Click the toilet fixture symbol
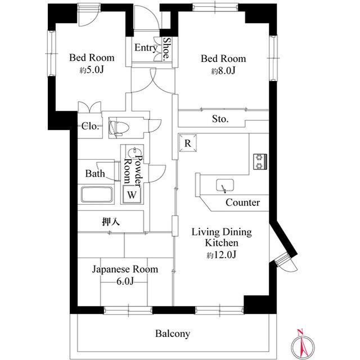click(119, 128)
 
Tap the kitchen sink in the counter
click(225, 185)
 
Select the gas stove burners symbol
click(260, 161)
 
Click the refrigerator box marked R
click(187, 143)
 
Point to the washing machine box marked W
click(132, 195)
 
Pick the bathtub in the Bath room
click(97, 195)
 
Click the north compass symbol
click(302, 345)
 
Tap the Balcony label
click(173, 334)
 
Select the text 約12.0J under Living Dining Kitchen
click(221, 255)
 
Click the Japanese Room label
click(125, 269)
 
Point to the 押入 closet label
click(111, 222)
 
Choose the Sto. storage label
click(220, 119)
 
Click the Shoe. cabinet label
click(167, 49)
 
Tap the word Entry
click(146, 48)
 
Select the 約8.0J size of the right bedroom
click(223, 71)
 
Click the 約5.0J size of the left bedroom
click(92, 70)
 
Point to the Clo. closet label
click(90, 126)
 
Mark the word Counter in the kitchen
click(242, 202)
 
